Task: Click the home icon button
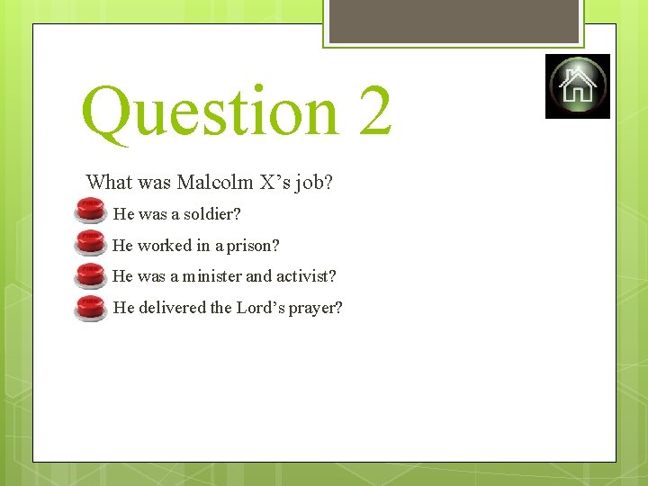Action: click(x=577, y=86)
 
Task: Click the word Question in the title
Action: click(x=208, y=112)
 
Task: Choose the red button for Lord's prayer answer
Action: click(x=90, y=308)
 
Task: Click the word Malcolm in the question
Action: click(x=215, y=183)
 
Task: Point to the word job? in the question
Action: click(x=313, y=183)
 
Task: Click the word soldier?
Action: click(x=212, y=214)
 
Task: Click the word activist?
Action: click(x=305, y=276)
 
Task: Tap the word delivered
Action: click(x=172, y=308)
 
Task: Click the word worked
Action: click(x=165, y=246)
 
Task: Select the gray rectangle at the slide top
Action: click(x=454, y=21)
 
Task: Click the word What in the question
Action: click(x=109, y=183)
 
